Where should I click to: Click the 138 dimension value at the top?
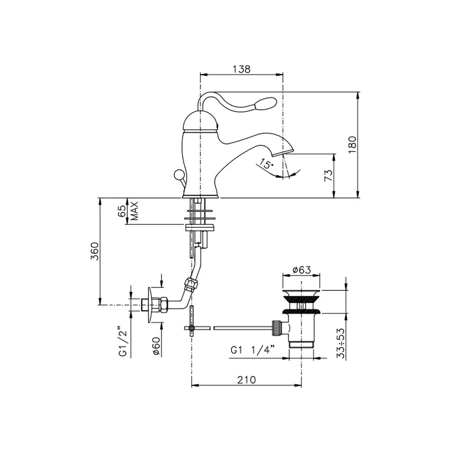point(241,69)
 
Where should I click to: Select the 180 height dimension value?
point(352,145)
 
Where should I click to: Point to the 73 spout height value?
point(329,175)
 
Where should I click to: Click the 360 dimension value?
point(95,251)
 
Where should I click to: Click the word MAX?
point(135,211)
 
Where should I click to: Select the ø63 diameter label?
point(302,270)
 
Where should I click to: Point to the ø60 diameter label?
point(156,346)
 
